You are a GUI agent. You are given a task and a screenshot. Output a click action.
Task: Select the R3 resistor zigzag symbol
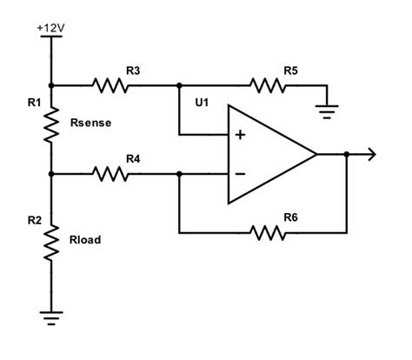point(111,85)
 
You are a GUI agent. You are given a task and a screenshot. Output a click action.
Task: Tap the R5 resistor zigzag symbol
point(268,85)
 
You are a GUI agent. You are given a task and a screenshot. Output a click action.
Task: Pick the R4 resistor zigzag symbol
point(111,174)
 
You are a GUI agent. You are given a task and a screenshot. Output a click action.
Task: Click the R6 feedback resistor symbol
point(268,232)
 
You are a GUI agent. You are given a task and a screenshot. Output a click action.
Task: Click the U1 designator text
point(203,103)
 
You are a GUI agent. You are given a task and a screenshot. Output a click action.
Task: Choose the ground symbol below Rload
point(52,319)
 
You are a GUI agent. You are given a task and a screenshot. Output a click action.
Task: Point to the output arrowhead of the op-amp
point(372,155)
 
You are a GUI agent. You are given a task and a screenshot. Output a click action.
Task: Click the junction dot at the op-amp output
point(347,155)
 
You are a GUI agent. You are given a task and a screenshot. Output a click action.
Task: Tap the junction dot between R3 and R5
point(179,85)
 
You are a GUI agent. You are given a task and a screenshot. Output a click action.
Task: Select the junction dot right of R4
point(179,174)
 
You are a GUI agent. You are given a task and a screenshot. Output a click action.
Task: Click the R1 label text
point(34,103)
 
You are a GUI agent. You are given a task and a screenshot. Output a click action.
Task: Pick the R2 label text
point(34,221)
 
